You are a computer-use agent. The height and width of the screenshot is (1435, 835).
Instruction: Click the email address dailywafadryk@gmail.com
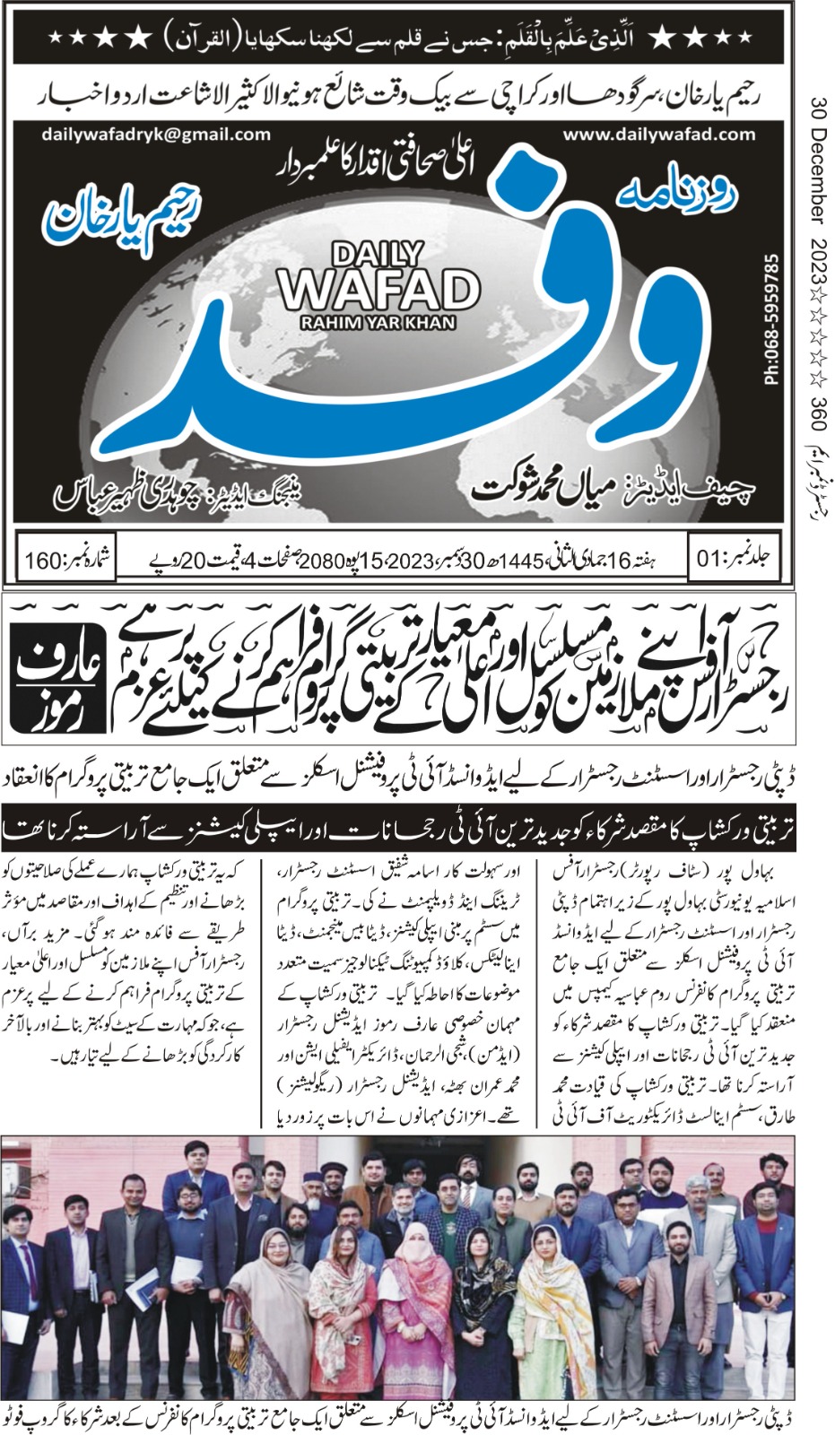[155, 135]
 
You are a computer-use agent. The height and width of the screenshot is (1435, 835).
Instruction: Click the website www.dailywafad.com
[659, 135]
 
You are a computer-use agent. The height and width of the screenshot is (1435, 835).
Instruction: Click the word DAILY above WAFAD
[377, 255]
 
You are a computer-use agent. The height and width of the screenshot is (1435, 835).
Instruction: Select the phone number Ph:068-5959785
[770, 319]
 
